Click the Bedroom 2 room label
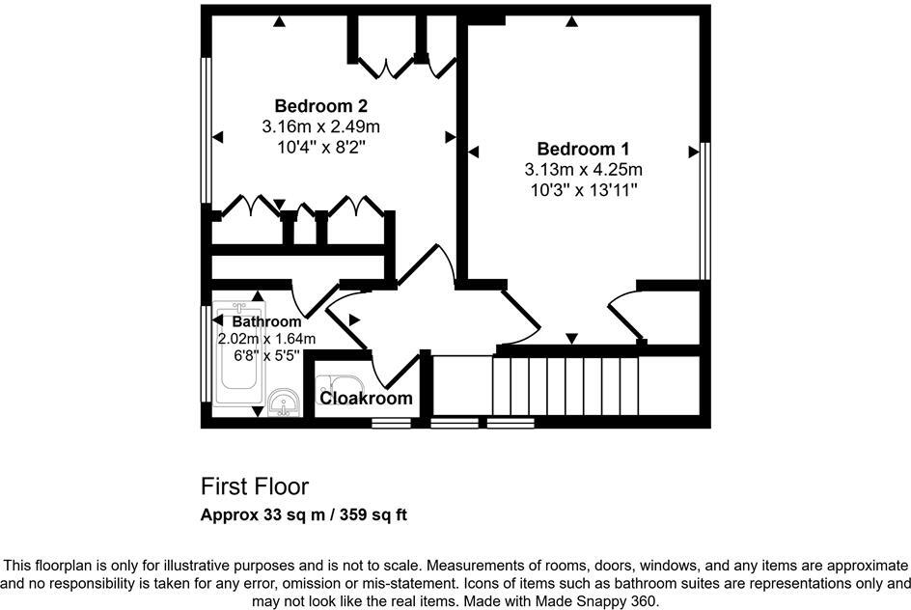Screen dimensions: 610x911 point(320,105)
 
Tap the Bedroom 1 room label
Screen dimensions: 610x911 point(583,149)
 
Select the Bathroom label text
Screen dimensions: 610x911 point(266,321)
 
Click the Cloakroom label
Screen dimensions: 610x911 point(366,398)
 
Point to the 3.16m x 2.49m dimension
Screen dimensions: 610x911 point(320,126)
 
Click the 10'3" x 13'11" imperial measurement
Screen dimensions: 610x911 point(583,190)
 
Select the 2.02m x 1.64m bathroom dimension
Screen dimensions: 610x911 point(267,338)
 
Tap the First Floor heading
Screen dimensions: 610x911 point(255,485)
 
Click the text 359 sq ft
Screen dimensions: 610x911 point(371,514)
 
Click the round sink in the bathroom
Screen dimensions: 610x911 point(283,401)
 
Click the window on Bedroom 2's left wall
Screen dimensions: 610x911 point(206,130)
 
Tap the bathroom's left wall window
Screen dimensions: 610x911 point(206,352)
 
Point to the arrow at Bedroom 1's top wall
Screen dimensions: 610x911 point(571,21)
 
